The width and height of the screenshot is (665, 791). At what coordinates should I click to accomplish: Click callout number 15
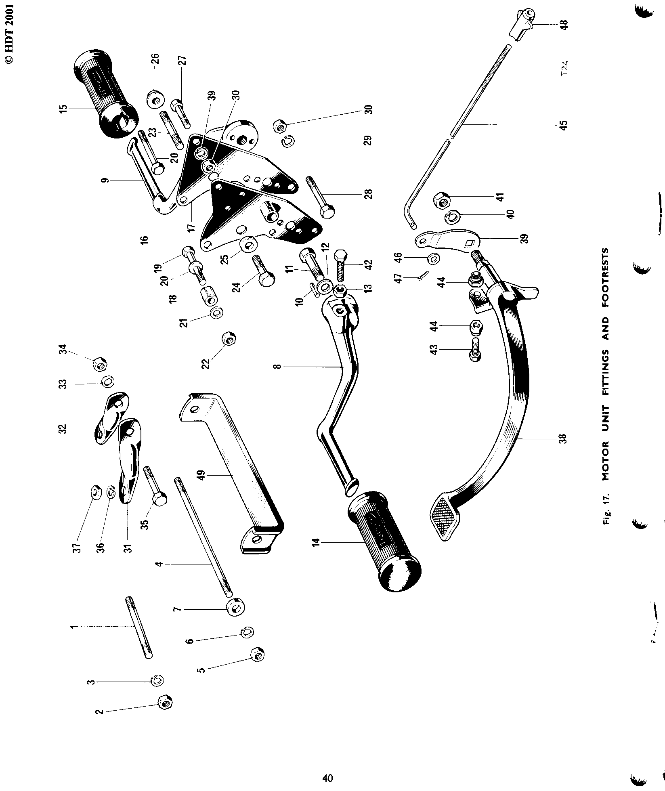tap(63, 108)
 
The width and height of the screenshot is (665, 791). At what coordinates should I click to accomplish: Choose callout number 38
tap(563, 439)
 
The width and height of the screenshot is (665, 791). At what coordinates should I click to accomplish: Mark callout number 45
tap(563, 124)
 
